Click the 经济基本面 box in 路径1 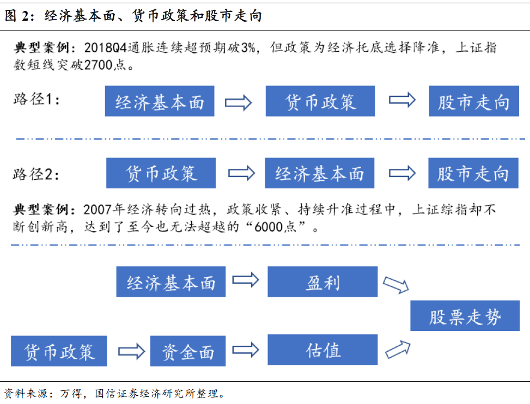[160, 101]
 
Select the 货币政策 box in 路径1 [320, 101]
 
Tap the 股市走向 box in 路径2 [473, 173]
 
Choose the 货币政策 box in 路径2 [161, 173]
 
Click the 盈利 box [322, 281]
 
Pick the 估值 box [322, 350]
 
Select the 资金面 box [188, 351]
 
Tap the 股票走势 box [465, 315]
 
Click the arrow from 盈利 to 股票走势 [396, 285]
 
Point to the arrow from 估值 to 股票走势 [398, 350]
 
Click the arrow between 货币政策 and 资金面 [131, 351]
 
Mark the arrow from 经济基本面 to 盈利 [246, 280]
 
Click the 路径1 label [36, 99]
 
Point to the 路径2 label [36, 174]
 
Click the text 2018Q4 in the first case [106, 47]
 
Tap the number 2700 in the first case [98, 64]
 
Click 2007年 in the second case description [104, 210]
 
